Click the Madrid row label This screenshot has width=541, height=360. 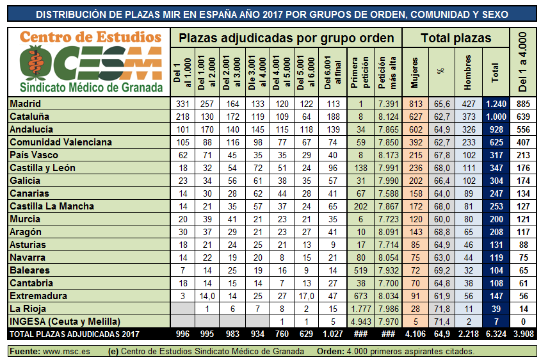click(x=25, y=104)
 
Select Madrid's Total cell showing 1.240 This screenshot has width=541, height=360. click(x=496, y=104)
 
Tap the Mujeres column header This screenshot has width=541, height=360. click(x=415, y=72)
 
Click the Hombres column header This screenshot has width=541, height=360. click(x=468, y=72)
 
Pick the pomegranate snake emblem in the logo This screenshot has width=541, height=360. click(x=36, y=63)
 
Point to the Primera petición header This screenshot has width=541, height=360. click(x=360, y=72)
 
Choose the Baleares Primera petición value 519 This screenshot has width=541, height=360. click(x=360, y=270)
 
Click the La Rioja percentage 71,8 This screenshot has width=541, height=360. click(x=442, y=309)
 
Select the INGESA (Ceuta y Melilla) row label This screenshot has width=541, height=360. click(x=65, y=322)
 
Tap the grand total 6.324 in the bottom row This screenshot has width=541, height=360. click(x=496, y=334)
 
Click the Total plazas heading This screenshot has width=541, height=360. click(x=456, y=38)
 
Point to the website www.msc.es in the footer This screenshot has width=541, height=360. click(x=66, y=352)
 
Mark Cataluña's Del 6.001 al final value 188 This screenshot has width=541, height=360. click(x=333, y=117)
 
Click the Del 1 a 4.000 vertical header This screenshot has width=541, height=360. click(x=523, y=62)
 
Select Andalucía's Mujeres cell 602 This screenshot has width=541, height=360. click(x=416, y=129)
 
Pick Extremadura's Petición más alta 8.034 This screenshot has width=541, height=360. click(x=388, y=296)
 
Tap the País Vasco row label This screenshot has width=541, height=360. click(x=34, y=155)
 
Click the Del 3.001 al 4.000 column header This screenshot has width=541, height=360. click(x=257, y=72)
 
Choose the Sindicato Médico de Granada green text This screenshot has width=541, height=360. click(x=91, y=87)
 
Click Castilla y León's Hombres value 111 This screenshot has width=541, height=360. click(x=469, y=168)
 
